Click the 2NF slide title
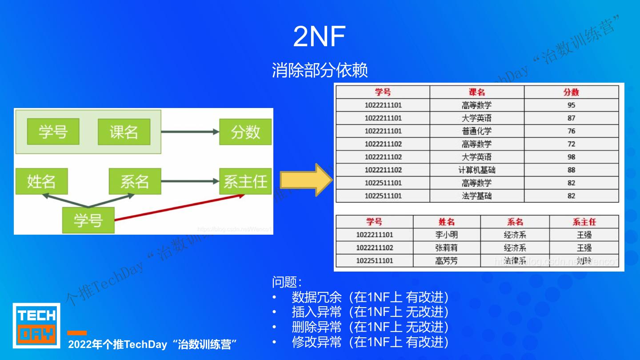[x=319, y=37]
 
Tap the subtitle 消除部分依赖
[x=320, y=71]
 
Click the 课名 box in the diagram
[x=124, y=132]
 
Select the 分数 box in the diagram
[x=245, y=132]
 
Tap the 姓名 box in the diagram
[x=41, y=181]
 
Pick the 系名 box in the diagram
[x=135, y=181]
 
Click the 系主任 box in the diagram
[x=245, y=181]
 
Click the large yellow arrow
[x=306, y=180]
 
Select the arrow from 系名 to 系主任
[x=190, y=181]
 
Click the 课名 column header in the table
[x=477, y=92]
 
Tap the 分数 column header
[x=571, y=92]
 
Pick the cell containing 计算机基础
[x=477, y=170]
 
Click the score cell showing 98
[x=571, y=157]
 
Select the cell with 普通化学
[x=477, y=131]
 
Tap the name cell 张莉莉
[x=446, y=248]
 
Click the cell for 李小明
[x=446, y=235]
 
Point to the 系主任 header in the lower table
[x=584, y=222]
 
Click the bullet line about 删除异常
[x=370, y=327]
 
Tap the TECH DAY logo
[x=36, y=325]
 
